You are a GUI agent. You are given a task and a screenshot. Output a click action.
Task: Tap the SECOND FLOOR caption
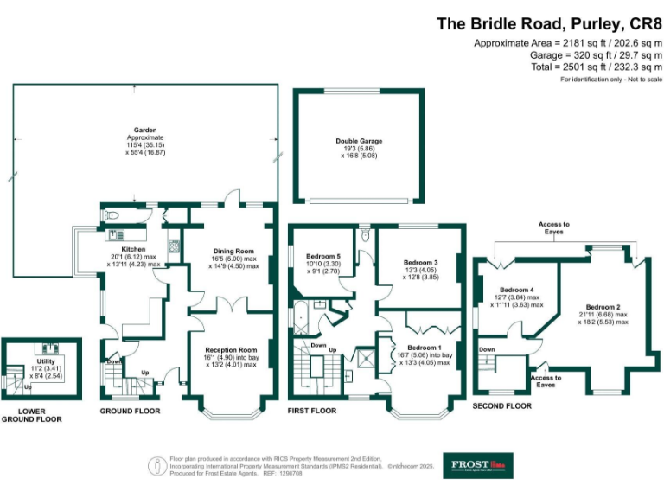(502, 405)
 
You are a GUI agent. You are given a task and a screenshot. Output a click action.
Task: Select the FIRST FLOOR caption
(312, 411)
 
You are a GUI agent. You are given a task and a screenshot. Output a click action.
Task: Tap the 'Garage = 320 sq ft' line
(568, 54)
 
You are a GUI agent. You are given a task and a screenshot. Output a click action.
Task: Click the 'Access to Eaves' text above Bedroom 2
(554, 228)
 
